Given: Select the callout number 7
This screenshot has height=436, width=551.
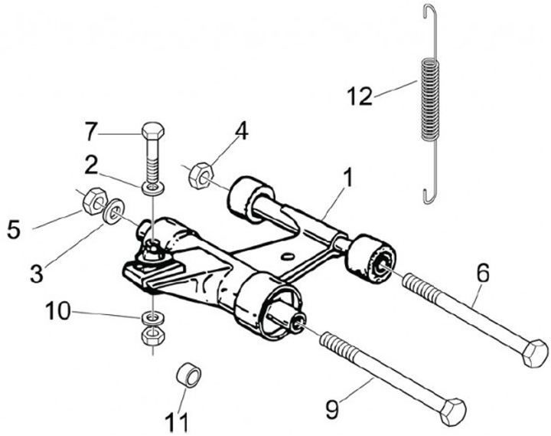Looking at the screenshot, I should pyautogui.click(x=92, y=132).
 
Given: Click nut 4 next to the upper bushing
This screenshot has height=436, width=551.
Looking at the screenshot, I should pyautogui.click(x=201, y=175).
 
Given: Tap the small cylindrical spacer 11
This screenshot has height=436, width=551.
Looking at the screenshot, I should pyautogui.click(x=188, y=376).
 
